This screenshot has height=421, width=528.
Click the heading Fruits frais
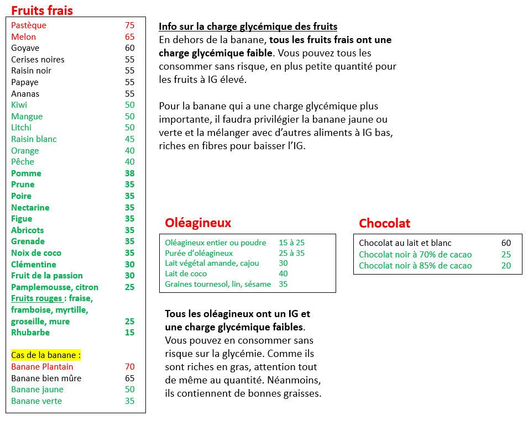click(x=42, y=10)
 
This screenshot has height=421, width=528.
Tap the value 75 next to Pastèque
click(x=129, y=25)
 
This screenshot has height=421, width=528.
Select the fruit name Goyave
click(x=25, y=48)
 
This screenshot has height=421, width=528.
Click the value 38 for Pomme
click(x=129, y=173)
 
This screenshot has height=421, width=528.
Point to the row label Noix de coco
click(x=36, y=253)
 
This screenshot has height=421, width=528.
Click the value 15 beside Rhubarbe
click(x=129, y=333)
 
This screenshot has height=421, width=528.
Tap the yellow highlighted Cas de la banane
click(x=46, y=355)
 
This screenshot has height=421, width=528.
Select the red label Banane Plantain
click(x=42, y=367)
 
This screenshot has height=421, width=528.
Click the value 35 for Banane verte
click(x=129, y=401)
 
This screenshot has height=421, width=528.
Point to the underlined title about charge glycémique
click(x=248, y=27)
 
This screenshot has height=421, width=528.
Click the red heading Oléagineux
click(x=198, y=223)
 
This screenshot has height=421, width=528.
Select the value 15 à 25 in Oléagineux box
click(x=292, y=243)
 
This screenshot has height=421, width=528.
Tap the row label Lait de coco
click(x=186, y=274)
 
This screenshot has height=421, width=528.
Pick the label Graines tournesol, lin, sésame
click(x=218, y=285)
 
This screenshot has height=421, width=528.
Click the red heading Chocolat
click(x=385, y=223)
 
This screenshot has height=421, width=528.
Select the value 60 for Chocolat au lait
click(x=506, y=243)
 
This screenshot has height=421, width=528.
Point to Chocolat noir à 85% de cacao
click(x=415, y=266)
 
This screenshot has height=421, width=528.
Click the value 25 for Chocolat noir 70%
click(x=506, y=255)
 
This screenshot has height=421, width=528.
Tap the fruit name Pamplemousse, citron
click(x=55, y=287)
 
